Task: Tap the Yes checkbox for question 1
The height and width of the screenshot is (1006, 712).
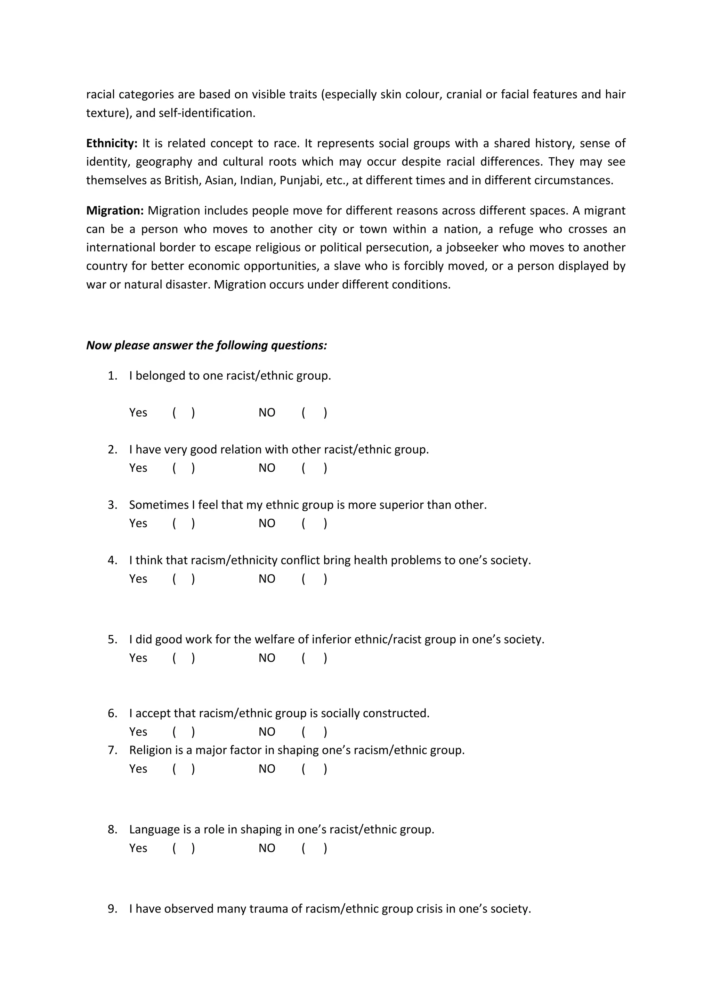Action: (184, 412)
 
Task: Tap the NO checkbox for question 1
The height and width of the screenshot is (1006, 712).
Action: (314, 412)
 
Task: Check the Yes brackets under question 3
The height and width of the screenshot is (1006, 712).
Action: (184, 523)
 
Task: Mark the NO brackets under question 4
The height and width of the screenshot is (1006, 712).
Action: (314, 579)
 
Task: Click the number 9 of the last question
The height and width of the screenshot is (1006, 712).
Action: (112, 909)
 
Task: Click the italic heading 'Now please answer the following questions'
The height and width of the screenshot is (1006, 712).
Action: (206, 345)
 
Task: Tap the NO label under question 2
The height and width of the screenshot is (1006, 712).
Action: (267, 468)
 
